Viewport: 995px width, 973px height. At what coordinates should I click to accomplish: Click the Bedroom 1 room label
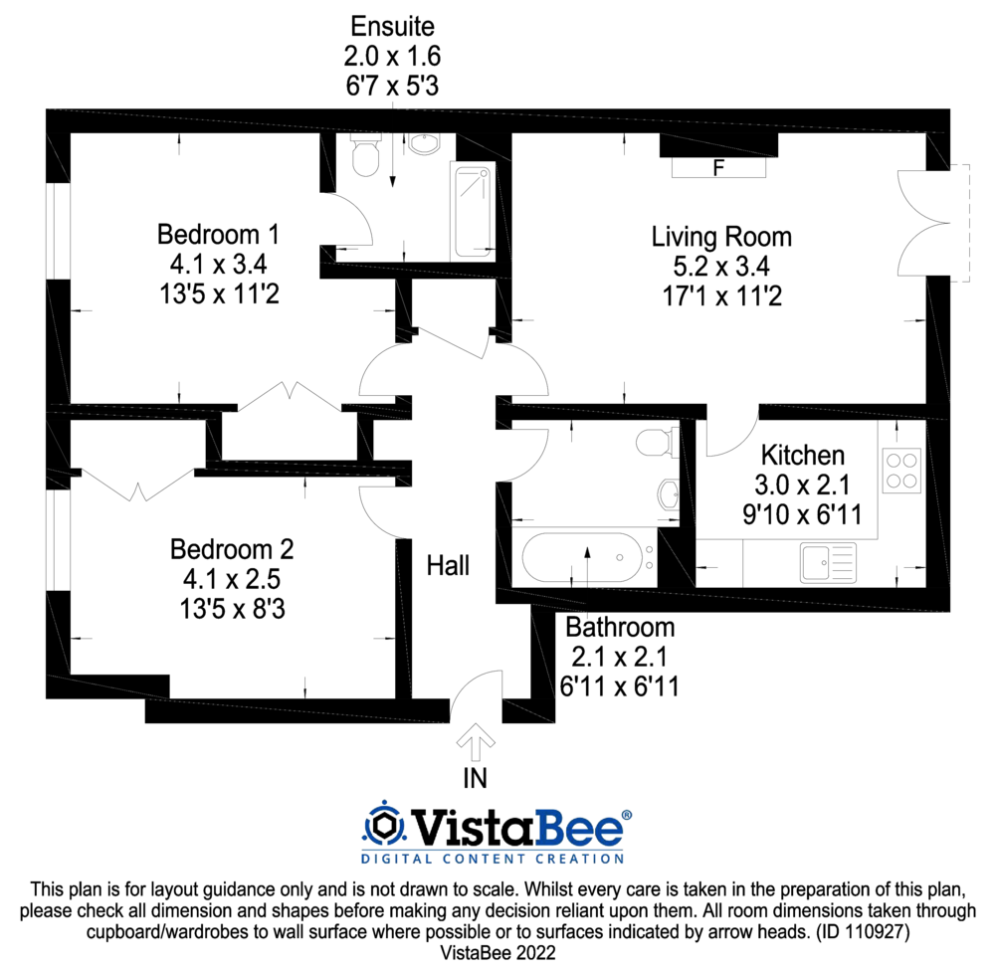click(218, 235)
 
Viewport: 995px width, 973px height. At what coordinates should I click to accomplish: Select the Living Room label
click(721, 237)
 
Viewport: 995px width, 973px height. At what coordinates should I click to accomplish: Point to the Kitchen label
click(803, 456)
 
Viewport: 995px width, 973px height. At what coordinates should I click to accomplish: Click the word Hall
click(448, 566)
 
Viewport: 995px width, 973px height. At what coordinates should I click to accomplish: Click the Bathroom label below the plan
click(620, 628)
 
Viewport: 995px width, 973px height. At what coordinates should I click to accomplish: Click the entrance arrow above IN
click(477, 741)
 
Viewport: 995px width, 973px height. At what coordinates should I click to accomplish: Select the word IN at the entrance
click(477, 777)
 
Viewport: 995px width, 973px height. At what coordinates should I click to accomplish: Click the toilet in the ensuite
click(366, 157)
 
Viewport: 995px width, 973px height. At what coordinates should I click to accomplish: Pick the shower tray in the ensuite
click(473, 211)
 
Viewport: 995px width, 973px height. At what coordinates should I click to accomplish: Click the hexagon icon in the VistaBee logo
click(381, 826)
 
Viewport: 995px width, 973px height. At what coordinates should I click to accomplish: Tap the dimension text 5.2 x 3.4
click(721, 267)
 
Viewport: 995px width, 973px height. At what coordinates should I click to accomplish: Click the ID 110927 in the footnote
click(859, 932)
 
